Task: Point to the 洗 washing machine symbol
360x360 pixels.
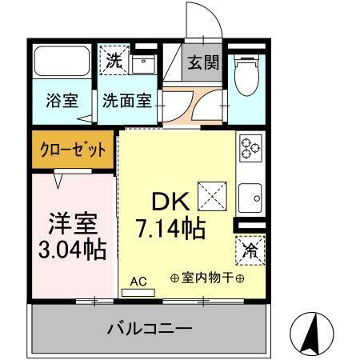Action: click(x=111, y=58)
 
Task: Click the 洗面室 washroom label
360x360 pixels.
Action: click(x=126, y=102)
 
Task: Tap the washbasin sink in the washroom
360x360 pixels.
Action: click(x=143, y=62)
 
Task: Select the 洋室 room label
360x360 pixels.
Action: click(x=68, y=219)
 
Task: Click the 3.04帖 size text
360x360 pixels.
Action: click(x=71, y=249)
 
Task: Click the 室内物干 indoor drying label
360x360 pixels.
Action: click(x=207, y=278)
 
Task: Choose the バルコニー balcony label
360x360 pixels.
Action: click(x=150, y=328)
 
